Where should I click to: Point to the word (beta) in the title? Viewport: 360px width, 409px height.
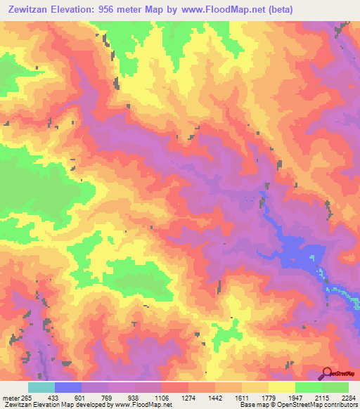278,9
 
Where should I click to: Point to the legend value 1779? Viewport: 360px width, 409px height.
269,397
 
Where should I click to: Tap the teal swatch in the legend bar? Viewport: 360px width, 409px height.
41,387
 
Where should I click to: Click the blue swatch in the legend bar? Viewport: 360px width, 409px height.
68,387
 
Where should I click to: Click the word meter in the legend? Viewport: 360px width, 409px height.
11,397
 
